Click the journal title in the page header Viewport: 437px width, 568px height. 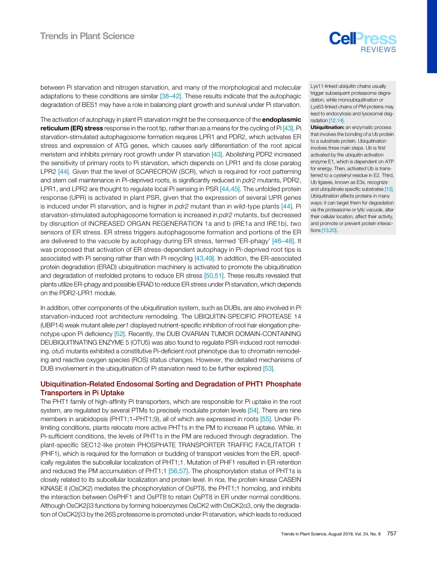87,36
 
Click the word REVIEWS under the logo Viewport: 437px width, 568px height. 378,50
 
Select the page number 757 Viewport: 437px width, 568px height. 392,533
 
